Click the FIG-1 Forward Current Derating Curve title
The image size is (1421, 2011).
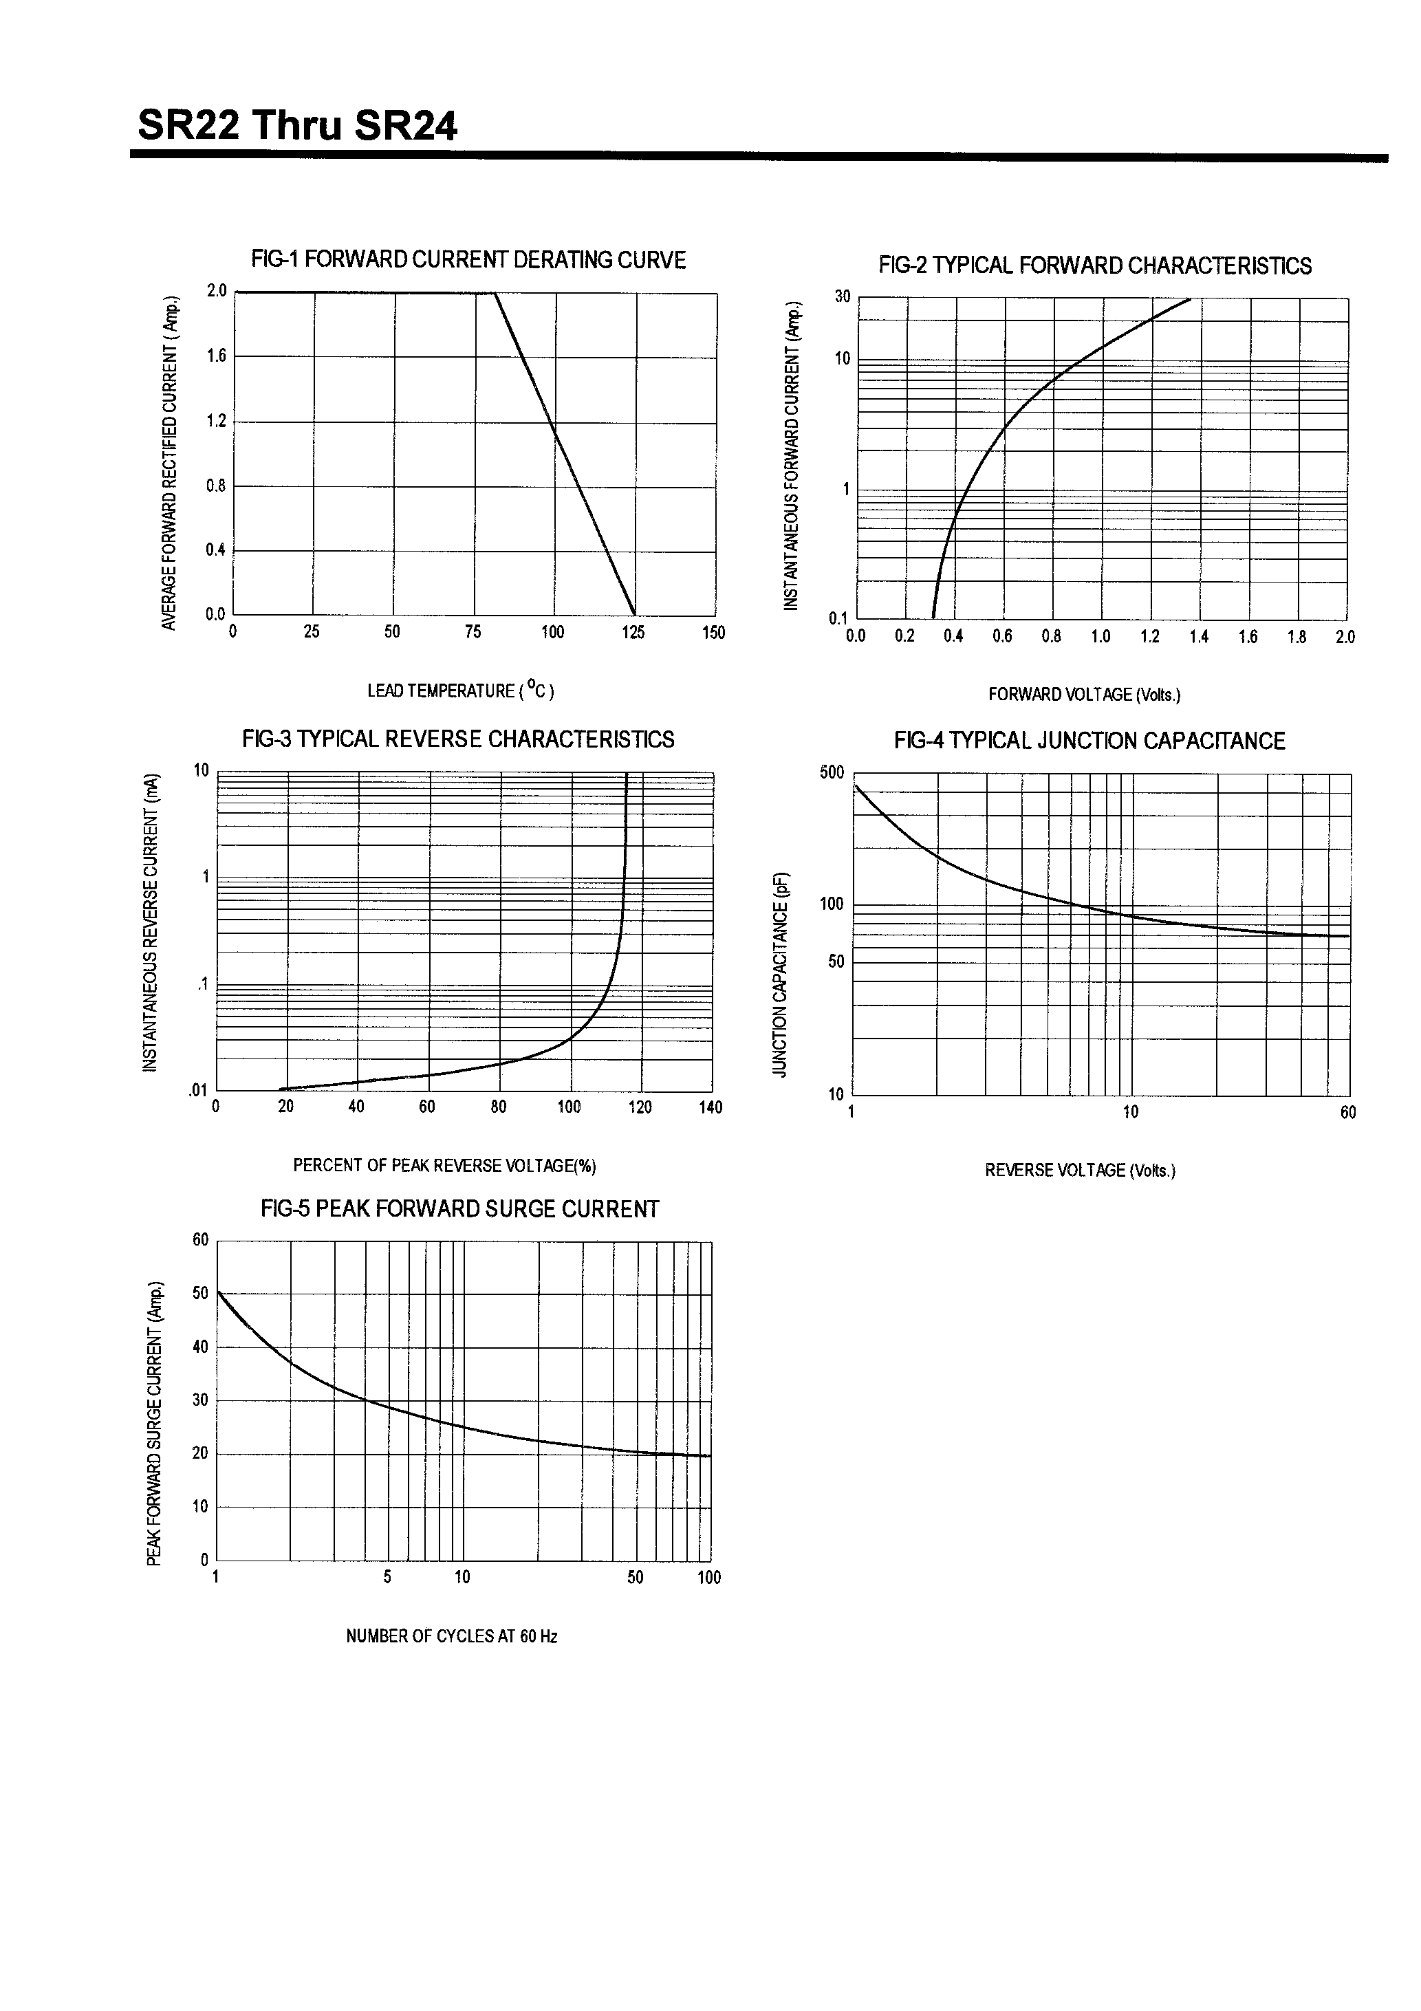point(468,260)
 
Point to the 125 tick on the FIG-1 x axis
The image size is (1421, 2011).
point(633,632)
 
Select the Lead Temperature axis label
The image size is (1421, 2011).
point(460,691)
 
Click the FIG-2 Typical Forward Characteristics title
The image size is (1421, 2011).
point(1094,266)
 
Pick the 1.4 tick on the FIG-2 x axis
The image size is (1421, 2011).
point(1198,637)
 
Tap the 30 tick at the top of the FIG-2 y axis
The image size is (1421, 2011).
point(842,297)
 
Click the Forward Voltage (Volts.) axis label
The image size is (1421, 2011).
point(1084,695)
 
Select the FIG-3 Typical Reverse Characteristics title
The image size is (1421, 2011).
point(458,739)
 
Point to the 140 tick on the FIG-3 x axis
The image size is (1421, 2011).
point(710,1107)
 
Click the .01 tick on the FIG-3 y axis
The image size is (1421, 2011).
point(197,1091)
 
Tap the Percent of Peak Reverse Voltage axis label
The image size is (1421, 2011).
point(444,1165)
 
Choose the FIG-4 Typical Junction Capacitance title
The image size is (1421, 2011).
point(1089,741)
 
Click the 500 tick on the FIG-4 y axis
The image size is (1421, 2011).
point(832,772)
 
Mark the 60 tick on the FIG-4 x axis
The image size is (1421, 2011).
point(1347,1112)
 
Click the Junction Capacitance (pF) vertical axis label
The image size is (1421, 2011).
point(780,973)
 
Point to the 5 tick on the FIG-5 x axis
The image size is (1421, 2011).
point(387,1578)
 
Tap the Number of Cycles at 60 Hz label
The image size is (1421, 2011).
point(451,1636)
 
